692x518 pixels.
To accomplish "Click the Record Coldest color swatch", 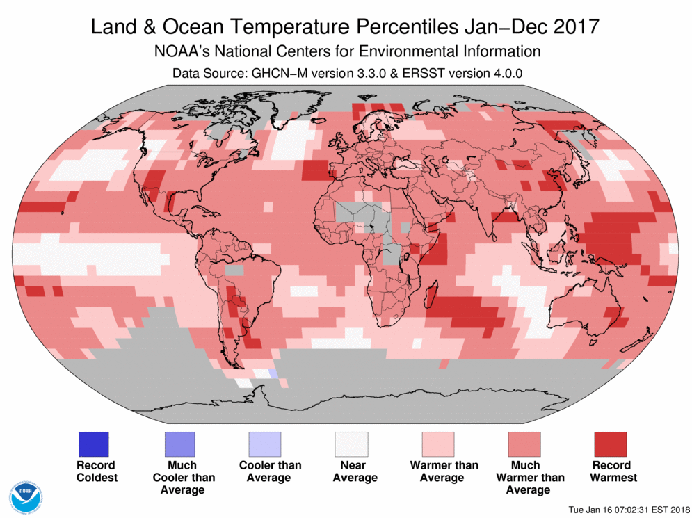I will click(x=92, y=444).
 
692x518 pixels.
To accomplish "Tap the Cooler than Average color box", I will click(x=265, y=444).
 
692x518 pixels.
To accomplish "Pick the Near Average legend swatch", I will click(x=351, y=444).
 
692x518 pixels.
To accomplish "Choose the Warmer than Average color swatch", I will click(x=437, y=444).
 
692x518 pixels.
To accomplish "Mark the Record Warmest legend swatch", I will click(x=610, y=444).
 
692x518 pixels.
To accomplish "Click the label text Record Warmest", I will click(x=610, y=471).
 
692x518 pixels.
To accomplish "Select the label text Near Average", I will click(x=351, y=471).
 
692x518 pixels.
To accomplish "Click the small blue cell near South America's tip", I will click(x=273, y=374).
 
